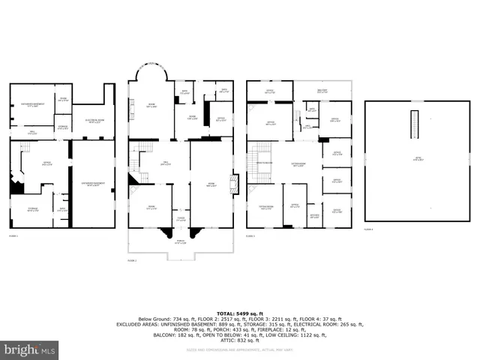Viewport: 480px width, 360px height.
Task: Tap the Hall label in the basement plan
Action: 32,133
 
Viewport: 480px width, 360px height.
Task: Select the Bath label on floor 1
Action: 63,209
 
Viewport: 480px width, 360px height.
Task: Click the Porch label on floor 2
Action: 178,241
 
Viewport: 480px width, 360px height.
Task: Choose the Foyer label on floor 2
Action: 180,219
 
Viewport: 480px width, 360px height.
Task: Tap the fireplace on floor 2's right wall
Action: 234,183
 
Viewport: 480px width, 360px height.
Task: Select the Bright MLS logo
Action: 30,349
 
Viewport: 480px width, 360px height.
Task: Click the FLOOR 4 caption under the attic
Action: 368,229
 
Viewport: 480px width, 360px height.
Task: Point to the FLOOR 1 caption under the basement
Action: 13,235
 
